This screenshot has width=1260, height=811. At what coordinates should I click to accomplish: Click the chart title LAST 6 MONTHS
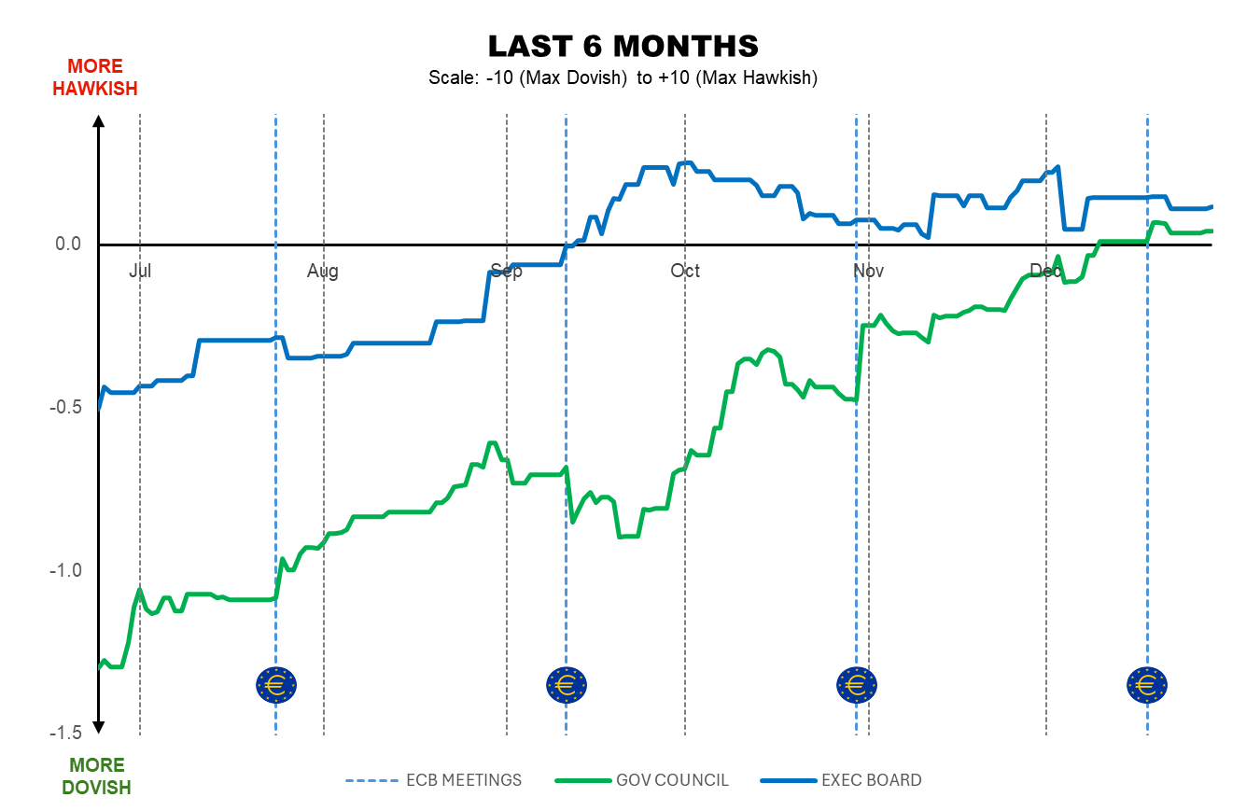623,46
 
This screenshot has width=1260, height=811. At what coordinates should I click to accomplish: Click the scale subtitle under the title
623,78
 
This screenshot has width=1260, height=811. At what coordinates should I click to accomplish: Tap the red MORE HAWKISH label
95,77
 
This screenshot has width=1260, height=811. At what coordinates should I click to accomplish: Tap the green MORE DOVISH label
96,776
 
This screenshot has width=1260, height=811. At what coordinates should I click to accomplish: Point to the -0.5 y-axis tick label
65,408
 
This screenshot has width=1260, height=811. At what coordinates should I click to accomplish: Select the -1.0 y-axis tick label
65,570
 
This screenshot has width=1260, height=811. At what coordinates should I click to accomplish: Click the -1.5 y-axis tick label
65,734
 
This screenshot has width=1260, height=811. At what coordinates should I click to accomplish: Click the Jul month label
140,272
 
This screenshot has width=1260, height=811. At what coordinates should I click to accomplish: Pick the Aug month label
323,272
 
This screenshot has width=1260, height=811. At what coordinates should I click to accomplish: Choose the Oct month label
685,272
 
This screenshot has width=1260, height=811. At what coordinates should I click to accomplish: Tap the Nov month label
868,272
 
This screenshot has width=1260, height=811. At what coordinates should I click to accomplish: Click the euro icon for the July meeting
276,686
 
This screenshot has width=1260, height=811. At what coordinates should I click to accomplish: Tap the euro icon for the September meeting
567,686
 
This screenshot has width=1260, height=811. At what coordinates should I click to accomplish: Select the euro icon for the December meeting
1147,686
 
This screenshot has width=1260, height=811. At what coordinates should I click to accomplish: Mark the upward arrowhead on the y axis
99,120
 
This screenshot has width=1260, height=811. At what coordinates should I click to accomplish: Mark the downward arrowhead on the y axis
99,727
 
